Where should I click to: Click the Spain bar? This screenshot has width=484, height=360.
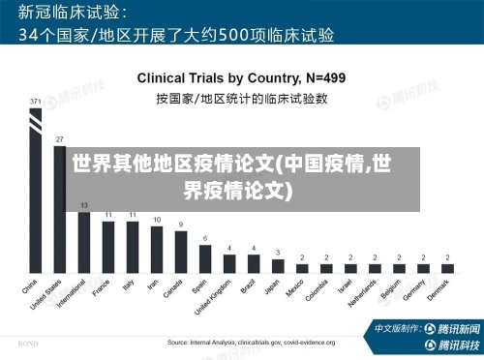tap(204, 257)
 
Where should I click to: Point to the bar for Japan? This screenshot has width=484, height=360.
tap(278, 264)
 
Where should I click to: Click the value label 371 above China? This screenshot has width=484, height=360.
tap(35, 101)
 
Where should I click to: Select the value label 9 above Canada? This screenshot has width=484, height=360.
tap(180, 225)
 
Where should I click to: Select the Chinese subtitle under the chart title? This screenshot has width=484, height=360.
tap(241, 98)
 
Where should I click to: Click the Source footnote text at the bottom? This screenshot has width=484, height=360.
tap(251, 343)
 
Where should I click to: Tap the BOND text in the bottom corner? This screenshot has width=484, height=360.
tap(28, 344)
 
